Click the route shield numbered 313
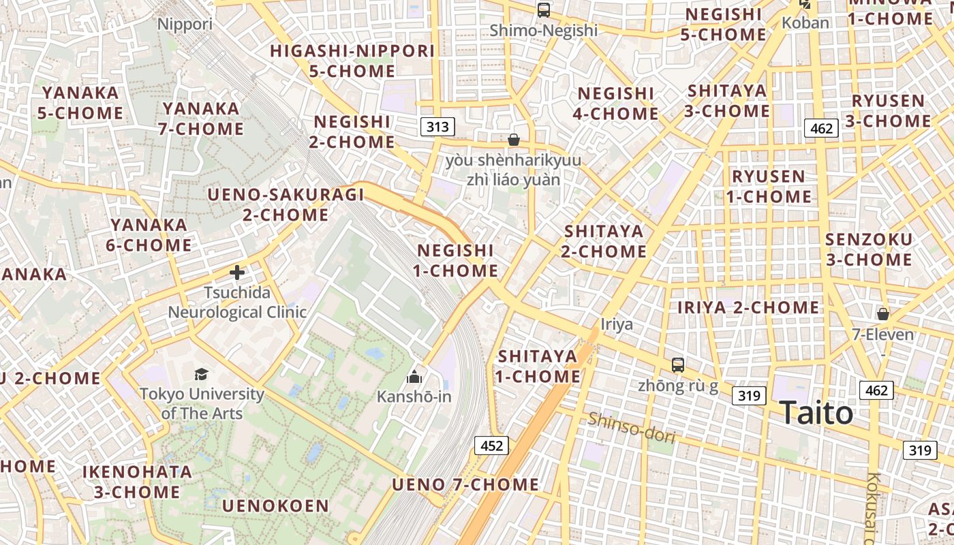click(437, 127)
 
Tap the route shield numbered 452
click(491, 446)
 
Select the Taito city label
click(816, 414)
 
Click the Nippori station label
click(185, 25)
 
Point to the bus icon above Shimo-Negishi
click(543, 10)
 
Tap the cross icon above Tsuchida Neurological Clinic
click(236, 273)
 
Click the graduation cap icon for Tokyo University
click(201, 374)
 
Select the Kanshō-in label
click(414, 396)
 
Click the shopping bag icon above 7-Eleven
click(882, 314)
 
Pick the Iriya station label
click(617, 324)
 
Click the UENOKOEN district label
click(275, 506)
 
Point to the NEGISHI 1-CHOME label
click(455, 261)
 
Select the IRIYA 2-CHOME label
click(748, 308)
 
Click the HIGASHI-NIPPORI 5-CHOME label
click(352, 61)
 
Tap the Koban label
click(805, 23)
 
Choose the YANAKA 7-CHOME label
click(202, 119)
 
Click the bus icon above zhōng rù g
click(677, 365)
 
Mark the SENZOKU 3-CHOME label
click(868, 249)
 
